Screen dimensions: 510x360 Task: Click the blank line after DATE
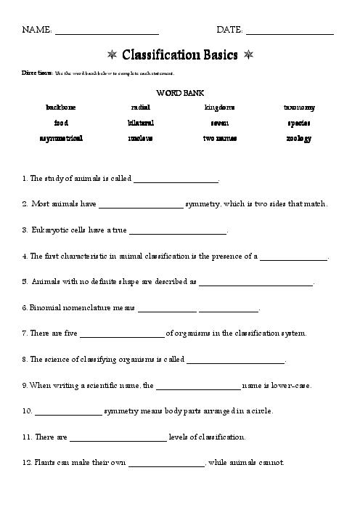pos(290,33)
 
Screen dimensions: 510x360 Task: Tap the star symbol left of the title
pos(112,55)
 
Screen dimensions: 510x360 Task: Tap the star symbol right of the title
pos(248,55)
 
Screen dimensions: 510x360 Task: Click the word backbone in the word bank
pos(61,108)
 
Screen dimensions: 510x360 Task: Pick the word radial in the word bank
pos(140,108)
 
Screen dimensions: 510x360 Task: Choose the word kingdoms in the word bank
pos(219,108)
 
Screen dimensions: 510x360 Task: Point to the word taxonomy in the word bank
pos(298,108)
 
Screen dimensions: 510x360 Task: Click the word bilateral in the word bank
pos(140,123)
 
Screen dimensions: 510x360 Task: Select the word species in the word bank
pos(298,123)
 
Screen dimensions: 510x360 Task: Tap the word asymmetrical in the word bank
pos(61,138)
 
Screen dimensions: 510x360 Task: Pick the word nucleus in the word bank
pos(140,138)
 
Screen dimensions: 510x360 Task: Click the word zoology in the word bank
pos(298,138)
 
